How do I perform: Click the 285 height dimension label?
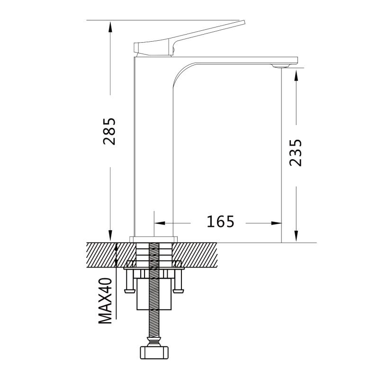coord(109,132)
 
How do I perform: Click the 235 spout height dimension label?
coord(296,153)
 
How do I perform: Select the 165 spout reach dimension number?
coord(220,221)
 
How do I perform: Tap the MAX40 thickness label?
coord(106,301)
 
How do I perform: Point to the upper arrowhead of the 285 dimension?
coord(110,27)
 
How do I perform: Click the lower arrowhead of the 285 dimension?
coord(110,235)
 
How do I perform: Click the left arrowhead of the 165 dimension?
coord(160,223)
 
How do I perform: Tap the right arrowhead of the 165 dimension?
coord(276,223)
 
